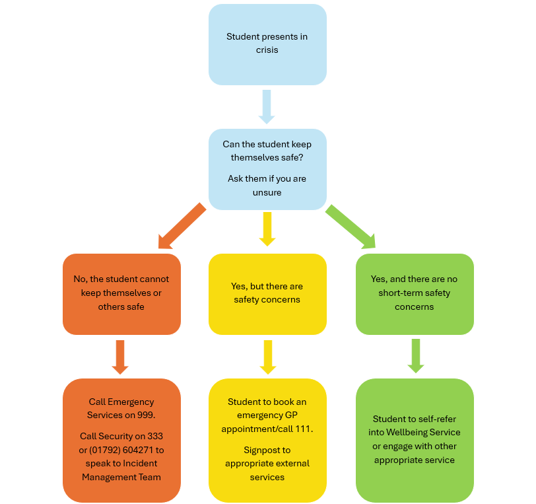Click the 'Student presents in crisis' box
tap(267, 44)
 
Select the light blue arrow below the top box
tap(267, 106)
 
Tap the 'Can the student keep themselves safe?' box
tap(267, 169)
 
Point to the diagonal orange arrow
tap(181, 227)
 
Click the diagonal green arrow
tap(351, 227)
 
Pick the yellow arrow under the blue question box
tap(267, 229)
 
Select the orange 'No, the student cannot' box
tap(121, 294)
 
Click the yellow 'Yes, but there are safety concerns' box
tap(267, 294)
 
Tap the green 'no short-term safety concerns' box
tap(415, 294)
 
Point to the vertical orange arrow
tap(120, 356)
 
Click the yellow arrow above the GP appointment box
tap(267, 357)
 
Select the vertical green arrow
tap(415, 356)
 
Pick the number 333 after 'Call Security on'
tap(154, 436)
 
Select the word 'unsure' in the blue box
tap(267, 192)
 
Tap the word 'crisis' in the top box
tap(267, 50)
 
